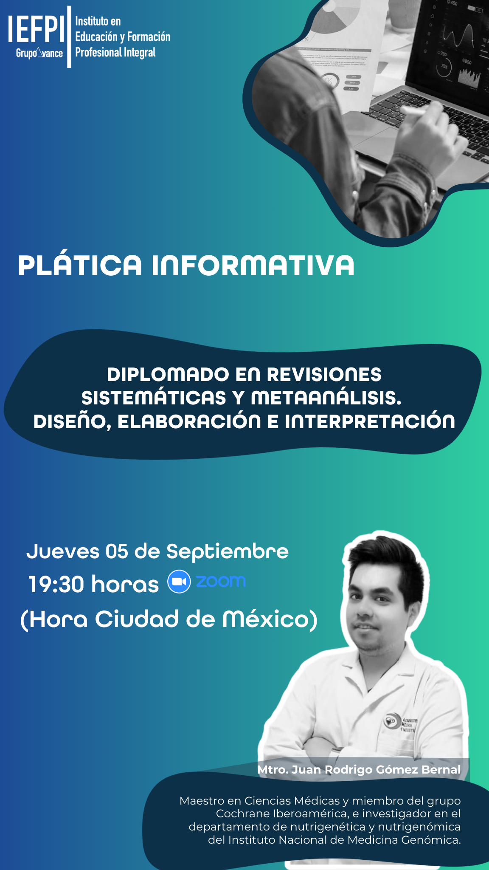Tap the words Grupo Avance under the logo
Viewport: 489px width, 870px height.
[39, 53]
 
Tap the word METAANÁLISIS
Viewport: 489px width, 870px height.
[326, 398]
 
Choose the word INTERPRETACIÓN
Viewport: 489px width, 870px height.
[370, 421]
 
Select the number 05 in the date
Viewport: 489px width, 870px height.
[117, 551]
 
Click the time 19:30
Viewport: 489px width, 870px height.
[56, 584]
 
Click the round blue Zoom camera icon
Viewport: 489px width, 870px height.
[179, 582]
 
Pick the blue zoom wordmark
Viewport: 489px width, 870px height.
[221, 582]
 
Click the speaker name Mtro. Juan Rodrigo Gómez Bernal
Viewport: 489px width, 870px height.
[359, 769]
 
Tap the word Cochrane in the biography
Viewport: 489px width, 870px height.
[242, 814]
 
